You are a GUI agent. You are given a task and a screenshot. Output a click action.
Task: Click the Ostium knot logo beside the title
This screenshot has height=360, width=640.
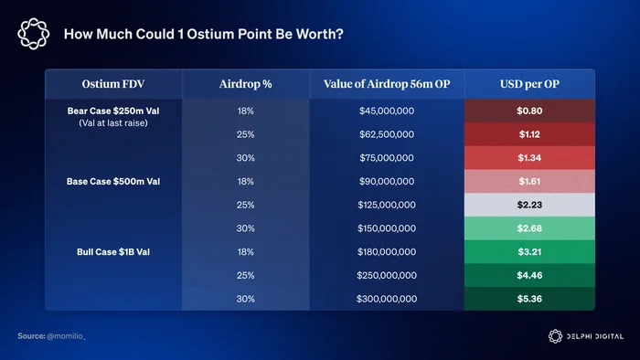click(34, 34)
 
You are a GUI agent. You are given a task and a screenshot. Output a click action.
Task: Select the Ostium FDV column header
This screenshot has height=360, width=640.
click(113, 84)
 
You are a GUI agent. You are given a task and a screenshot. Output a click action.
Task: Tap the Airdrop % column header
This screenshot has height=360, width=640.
click(245, 84)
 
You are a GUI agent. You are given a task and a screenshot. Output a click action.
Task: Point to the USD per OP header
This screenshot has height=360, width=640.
click(529, 84)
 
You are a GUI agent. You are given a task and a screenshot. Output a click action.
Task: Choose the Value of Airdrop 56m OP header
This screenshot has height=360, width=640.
click(387, 84)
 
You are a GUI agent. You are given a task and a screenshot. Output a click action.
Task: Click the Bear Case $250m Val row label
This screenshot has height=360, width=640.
click(113, 111)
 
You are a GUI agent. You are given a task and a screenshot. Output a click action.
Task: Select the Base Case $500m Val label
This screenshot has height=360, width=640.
click(113, 182)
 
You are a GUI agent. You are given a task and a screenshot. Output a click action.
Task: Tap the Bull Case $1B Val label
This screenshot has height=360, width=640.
click(113, 252)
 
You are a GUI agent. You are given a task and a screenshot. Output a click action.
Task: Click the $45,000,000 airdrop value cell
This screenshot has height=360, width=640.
click(387, 111)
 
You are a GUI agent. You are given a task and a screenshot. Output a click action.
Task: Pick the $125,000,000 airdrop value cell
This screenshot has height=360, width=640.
click(387, 205)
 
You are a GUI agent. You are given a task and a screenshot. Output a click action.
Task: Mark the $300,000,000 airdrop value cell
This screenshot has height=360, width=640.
click(387, 299)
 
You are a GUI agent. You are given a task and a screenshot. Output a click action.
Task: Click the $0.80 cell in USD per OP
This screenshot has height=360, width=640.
click(529, 111)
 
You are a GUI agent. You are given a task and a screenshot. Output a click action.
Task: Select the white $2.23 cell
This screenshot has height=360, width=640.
click(529, 205)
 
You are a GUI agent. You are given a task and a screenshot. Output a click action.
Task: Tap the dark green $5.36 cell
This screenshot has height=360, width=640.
click(529, 299)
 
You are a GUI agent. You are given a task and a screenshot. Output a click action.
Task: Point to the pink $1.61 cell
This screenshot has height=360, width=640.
click(529, 182)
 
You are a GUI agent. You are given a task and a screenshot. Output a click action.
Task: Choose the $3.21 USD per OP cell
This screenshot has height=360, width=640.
click(529, 252)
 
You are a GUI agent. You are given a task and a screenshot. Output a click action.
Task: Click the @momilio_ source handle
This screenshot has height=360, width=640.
click(66, 336)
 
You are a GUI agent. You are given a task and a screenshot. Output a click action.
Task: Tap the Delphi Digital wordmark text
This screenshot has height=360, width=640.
click(594, 336)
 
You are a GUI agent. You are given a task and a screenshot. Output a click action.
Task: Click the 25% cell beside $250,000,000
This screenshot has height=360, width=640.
click(245, 275)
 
